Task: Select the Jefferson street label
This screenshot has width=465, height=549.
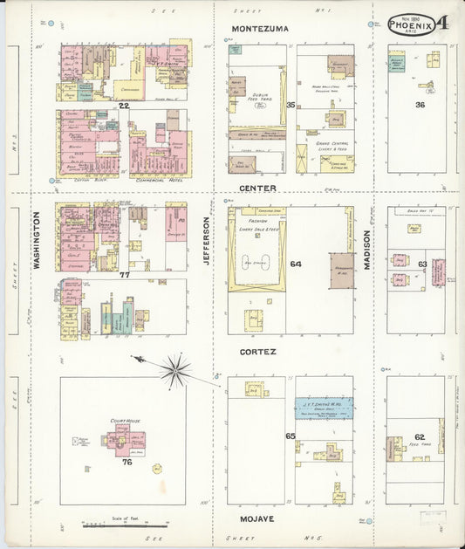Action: (209, 239)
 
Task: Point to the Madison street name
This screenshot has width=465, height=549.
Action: (367, 249)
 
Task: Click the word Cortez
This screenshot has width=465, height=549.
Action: (259, 353)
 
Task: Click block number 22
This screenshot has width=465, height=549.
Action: (124, 106)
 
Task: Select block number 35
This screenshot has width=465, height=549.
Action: (291, 106)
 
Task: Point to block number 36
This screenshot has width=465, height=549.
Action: (420, 106)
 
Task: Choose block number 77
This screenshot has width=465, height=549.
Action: (124, 275)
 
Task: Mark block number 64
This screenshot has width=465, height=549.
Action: (295, 264)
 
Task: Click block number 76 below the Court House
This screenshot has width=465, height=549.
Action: (127, 463)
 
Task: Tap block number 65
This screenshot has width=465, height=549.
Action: (290, 436)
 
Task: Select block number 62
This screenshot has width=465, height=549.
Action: (420, 436)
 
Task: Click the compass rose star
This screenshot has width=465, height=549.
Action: (175, 370)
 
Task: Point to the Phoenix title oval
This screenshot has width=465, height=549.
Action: (412, 23)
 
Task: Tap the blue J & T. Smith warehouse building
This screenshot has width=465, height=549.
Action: (324, 407)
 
